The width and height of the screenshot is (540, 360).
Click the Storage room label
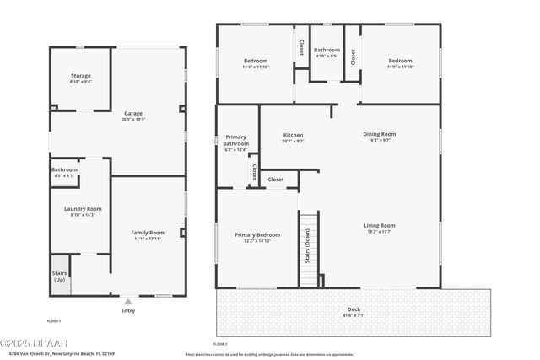pos(81,76)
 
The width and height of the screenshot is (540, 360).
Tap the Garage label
pos(133,113)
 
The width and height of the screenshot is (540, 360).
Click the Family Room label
pos(147,233)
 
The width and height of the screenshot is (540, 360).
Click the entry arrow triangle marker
pos(127,300)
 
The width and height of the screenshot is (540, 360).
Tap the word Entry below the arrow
pos(127,309)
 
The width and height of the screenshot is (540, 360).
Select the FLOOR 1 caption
pos(54,321)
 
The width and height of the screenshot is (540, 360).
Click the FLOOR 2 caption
pos(220,344)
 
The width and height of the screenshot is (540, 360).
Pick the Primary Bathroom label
pos(236,140)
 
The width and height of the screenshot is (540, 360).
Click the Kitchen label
pos(293,135)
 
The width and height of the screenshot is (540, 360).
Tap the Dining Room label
pos(379,134)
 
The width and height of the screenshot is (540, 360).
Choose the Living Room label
pos(379,225)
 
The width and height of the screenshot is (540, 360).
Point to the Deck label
pos(353,311)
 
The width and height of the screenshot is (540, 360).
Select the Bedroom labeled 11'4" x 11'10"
pos(256,61)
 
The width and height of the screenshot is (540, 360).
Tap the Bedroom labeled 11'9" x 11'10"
pos(400,61)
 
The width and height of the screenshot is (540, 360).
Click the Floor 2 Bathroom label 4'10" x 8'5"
pos(327,51)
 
